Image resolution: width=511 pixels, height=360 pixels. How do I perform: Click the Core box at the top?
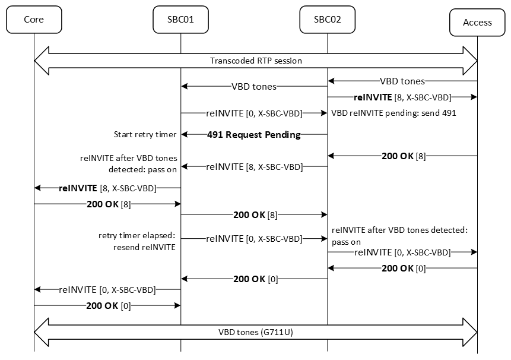(x=34, y=20)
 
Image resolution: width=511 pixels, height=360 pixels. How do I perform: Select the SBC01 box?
(x=180, y=20)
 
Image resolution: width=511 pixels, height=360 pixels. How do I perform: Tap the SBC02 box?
(x=327, y=20)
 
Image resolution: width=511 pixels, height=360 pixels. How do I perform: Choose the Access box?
(x=477, y=22)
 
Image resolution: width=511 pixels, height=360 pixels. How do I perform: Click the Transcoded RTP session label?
(x=256, y=61)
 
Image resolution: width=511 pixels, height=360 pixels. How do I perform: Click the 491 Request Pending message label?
(x=253, y=135)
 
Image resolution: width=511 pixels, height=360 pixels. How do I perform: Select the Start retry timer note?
(x=145, y=135)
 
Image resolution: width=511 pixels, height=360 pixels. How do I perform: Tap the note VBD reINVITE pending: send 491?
(x=393, y=113)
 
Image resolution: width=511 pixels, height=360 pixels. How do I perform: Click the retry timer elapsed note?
(x=137, y=241)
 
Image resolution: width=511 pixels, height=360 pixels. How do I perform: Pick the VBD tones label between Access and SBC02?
(x=402, y=81)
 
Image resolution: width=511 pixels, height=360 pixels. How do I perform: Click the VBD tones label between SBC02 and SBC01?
(x=253, y=87)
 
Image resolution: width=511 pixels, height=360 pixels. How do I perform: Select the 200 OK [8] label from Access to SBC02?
(x=403, y=156)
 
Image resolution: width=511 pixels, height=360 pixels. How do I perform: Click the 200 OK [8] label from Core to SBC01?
(x=108, y=204)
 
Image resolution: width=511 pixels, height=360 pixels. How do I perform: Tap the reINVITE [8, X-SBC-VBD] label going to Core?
(x=107, y=188)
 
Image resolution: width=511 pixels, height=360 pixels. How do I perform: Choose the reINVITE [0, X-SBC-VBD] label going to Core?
(x=107, y=290)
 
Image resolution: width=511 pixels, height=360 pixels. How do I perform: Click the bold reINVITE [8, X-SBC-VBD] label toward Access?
(x=402, y=97)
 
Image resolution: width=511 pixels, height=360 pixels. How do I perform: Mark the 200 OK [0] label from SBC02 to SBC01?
(x=255, y=279)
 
